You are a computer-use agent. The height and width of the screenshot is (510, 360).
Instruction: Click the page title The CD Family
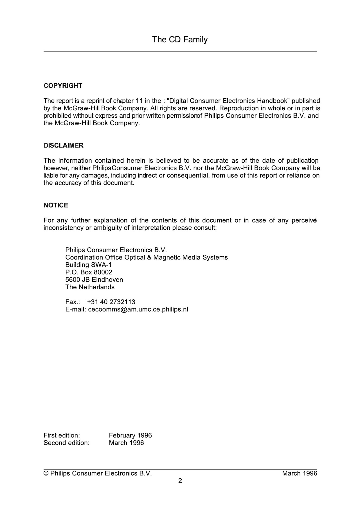(180, 39)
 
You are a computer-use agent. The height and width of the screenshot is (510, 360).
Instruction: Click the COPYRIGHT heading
(63, 86)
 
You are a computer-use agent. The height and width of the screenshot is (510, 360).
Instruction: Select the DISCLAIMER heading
(64, 146)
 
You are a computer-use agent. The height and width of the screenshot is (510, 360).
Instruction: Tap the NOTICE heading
(56, 205)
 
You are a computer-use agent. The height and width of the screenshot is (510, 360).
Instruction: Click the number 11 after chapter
(139, 101)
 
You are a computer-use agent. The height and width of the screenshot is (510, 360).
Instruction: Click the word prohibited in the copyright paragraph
(58, 116)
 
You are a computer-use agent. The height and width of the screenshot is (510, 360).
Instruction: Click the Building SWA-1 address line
(89, 265)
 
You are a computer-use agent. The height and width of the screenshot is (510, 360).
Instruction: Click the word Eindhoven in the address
(107, 280)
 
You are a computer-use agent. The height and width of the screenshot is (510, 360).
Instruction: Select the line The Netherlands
(90, 287)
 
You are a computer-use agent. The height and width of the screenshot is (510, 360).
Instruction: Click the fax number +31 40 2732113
(111, 302)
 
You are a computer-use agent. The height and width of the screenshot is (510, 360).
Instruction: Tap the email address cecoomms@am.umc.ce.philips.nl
(138, 310)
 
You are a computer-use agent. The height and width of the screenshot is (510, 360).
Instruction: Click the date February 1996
(130, 435)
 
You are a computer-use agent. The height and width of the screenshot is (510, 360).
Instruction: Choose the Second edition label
(67, 443)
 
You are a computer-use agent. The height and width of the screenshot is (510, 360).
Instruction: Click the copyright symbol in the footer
(46, 473)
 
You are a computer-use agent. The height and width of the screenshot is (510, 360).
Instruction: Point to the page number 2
(180, 481)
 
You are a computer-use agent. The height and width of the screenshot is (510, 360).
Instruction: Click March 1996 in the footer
(300, 473)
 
